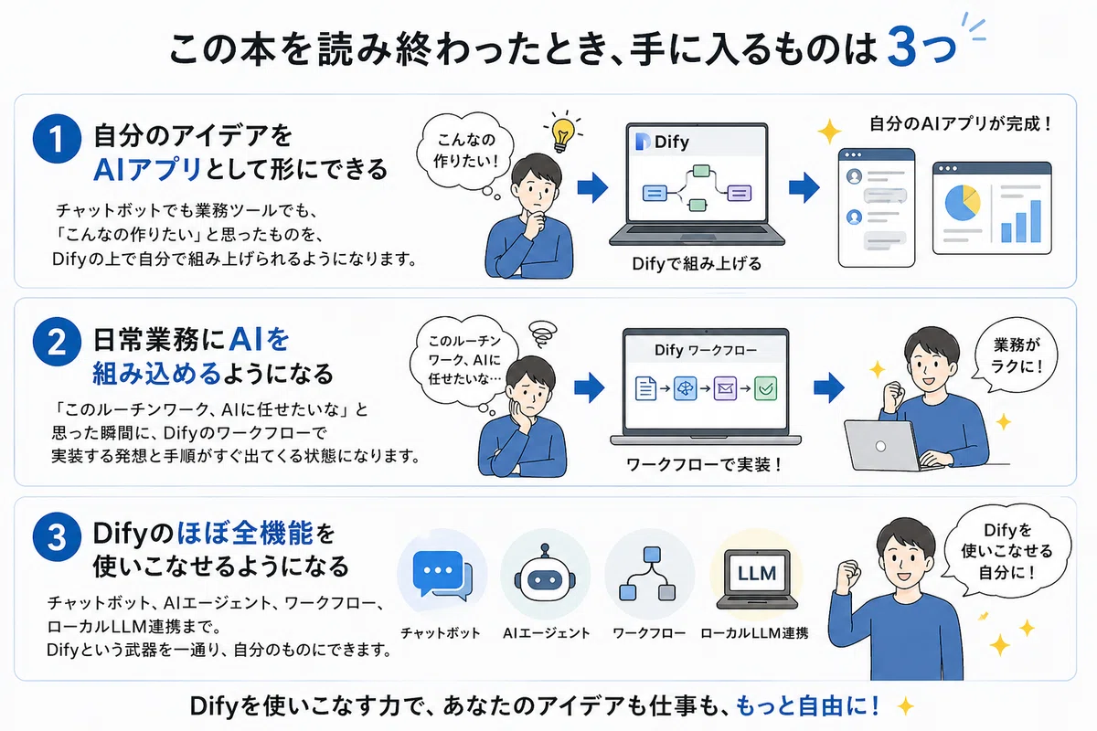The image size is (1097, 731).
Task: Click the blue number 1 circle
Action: [x=57, y=139]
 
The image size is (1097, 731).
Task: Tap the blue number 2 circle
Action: [x=57, y=342]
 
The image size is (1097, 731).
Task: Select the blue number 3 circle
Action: [x=57, y=536]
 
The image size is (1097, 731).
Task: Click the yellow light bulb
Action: [x=563, y=133]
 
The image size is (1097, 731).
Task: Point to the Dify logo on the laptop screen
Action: [x=642, y=142]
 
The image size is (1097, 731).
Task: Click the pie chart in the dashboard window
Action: [x=963, y=203]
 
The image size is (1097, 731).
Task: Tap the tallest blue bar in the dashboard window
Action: [x=1035, y=221]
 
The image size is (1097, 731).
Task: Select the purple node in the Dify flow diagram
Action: [x=739, y=193]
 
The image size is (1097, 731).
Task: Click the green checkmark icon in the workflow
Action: [x=765, y=388]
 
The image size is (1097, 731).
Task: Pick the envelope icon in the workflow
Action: [x=725, y=388]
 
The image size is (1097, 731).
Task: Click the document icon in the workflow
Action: [x=645, y=388]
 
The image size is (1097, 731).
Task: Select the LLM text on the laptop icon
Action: [x=757, y=573]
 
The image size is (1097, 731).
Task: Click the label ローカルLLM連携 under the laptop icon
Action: [x=754, y=633]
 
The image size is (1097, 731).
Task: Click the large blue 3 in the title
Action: [x=901, y=47]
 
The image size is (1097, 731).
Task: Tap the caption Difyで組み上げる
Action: [x=697, y=264]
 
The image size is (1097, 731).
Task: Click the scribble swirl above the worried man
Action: [x=542, y=333]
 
